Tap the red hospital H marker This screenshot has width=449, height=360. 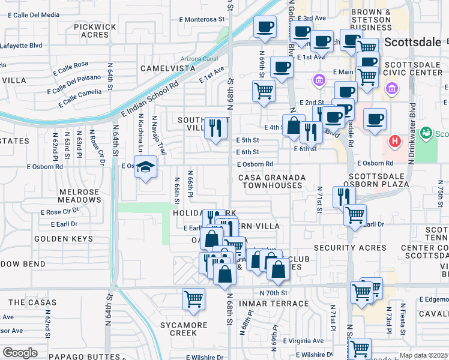[x=394, y=142]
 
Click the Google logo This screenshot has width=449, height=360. [x=20, y=353]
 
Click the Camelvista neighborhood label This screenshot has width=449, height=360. [x=168, y=68]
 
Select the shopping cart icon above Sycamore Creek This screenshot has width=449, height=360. [x=194, y=299]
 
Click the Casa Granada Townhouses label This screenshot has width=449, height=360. [x=271, y=182]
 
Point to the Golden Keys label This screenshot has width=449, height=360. [x=64, y=239]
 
